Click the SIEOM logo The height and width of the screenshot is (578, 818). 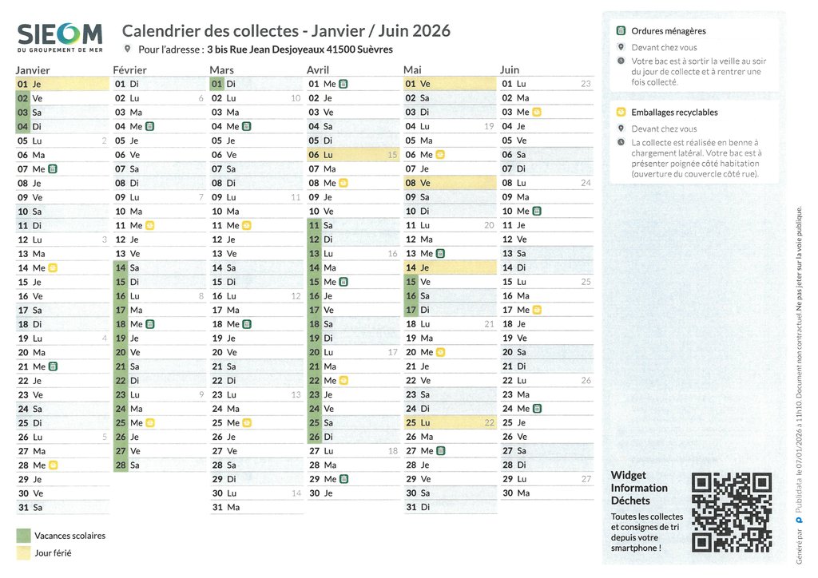click(60, 37)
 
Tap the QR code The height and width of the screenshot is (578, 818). click(732, 513)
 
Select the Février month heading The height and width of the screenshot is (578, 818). click(129, 70)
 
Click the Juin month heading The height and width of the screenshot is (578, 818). click(510, 70)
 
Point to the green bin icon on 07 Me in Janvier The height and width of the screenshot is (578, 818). click(53, 169)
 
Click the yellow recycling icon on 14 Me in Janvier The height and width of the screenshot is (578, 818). click(53, 268)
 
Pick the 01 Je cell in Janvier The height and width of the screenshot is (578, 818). click(62, 84)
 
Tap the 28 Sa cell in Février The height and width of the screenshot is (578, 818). click(159, 465)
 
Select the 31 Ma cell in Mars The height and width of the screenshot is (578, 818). click(256, 507)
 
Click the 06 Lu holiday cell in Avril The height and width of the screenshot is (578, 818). click(352, 155)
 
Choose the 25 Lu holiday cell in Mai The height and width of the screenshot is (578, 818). click(450, 422)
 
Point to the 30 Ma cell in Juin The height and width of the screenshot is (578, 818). click(546, 493)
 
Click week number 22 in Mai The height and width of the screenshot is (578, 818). click(490, 423)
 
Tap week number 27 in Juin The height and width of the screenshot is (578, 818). click(586, 479)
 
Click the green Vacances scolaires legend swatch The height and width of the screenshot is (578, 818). click(23, 536)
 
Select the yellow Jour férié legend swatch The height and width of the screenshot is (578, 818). click(23, 552)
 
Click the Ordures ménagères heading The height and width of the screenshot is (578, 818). click(668, 31)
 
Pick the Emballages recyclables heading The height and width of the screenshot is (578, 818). click(674, 113)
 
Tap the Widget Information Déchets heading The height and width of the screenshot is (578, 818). click(639, 488)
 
